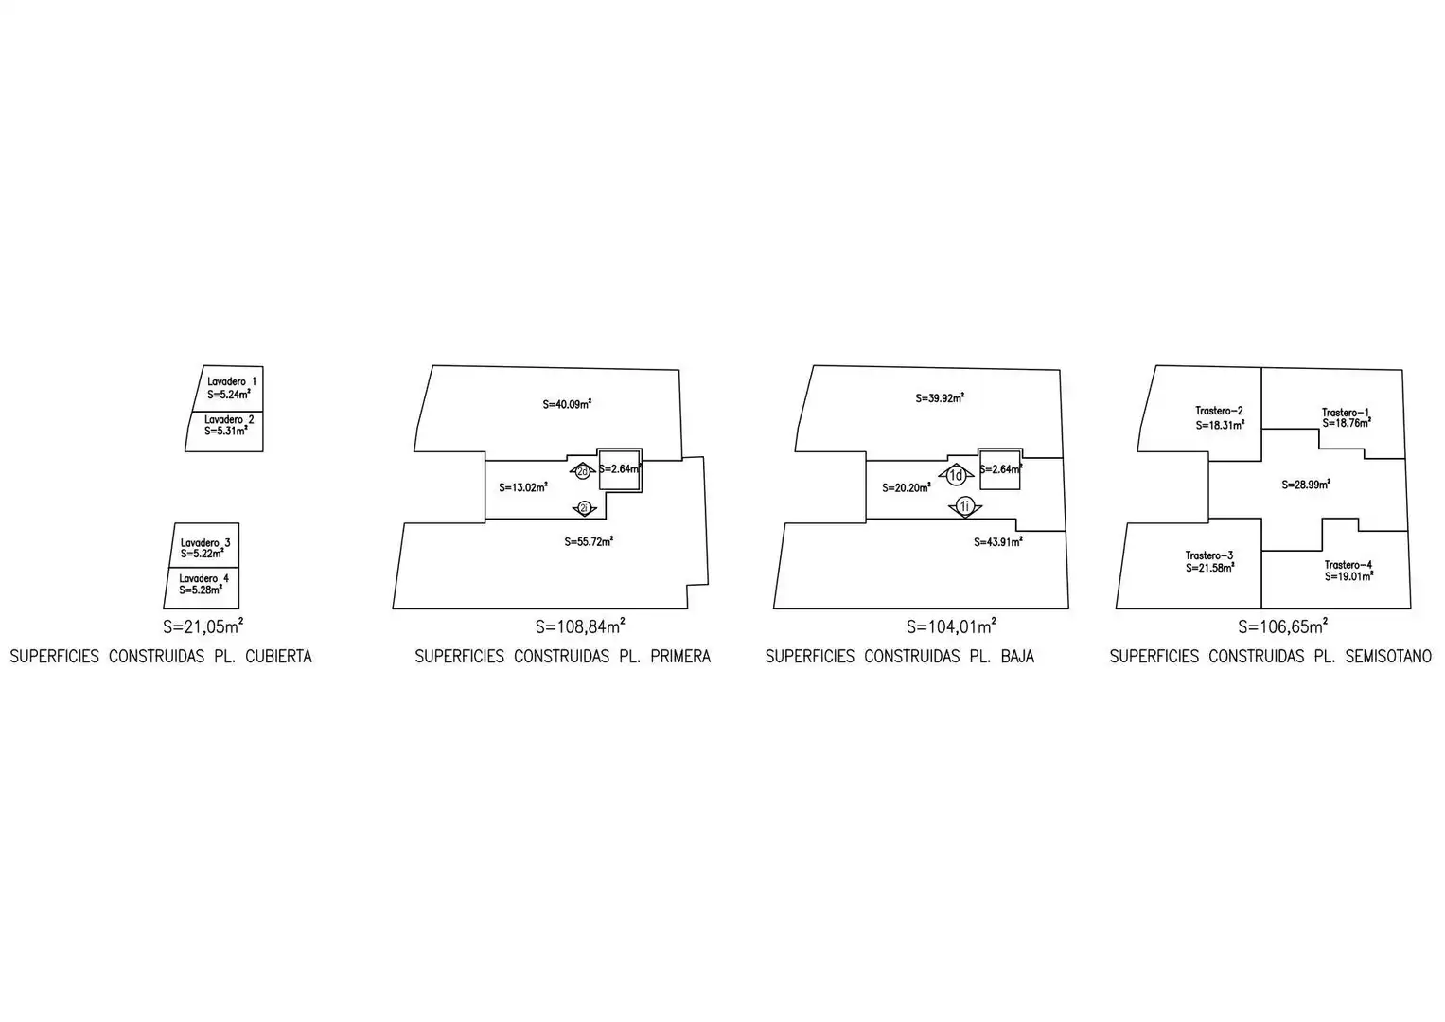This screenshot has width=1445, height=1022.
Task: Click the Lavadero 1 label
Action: (232, 381)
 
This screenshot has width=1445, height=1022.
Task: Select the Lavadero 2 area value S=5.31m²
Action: (226, 431)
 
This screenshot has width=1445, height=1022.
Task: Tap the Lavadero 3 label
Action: (205, 542)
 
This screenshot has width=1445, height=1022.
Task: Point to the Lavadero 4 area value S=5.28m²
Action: (202, 590)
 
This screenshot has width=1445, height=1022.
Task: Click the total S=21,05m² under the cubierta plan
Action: (203, 626)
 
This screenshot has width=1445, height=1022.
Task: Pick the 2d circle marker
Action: (583, 471)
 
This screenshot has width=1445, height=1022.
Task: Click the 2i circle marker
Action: (584, 508)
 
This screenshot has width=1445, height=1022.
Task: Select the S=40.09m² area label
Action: (567, 405)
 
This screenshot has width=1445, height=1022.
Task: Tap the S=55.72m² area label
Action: (589, 542)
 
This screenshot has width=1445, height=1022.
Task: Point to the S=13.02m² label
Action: (523, 487)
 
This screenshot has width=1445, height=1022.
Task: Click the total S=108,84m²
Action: (580, 626)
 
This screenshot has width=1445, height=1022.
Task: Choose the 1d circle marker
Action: (956, 475)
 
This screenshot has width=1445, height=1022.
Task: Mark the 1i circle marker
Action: (965, 506)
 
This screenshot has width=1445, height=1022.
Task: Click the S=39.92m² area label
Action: (940, 398)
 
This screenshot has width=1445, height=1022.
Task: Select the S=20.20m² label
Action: (907, 487)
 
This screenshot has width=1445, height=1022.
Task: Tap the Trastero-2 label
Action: (1219, 411)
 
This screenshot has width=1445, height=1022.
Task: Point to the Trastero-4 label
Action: (1348, 565)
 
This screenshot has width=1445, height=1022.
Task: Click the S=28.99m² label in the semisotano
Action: (1306, 484)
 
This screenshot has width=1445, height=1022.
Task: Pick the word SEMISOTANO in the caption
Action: (1388, 656)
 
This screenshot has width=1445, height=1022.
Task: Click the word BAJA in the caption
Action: (1017, 656)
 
